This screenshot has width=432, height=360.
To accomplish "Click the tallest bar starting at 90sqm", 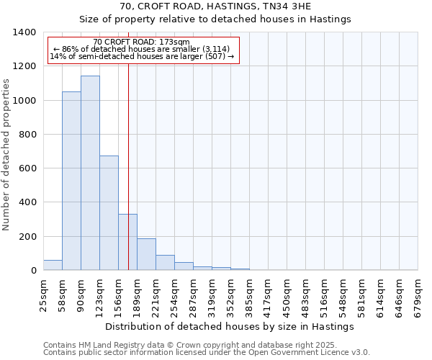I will tap(90, 173).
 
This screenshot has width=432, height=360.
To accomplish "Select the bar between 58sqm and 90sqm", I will tap(71, 181).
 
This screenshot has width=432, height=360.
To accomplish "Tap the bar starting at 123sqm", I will tap(109, 212).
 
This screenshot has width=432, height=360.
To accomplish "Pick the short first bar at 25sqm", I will tap(53, 265).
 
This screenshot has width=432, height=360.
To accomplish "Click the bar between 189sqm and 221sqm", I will tap(146, 254).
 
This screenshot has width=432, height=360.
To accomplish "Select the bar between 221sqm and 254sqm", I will tap(165, 263).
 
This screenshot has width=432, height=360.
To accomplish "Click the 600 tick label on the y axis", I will tap(27, 168).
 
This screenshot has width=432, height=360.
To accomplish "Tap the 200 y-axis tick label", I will tap(27, 237).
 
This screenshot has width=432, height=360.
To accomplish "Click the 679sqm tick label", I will tap(418, 295).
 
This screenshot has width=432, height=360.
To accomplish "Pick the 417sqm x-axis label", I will tap(268, 295).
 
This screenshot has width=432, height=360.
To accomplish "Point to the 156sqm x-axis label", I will tap(118, 295).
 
